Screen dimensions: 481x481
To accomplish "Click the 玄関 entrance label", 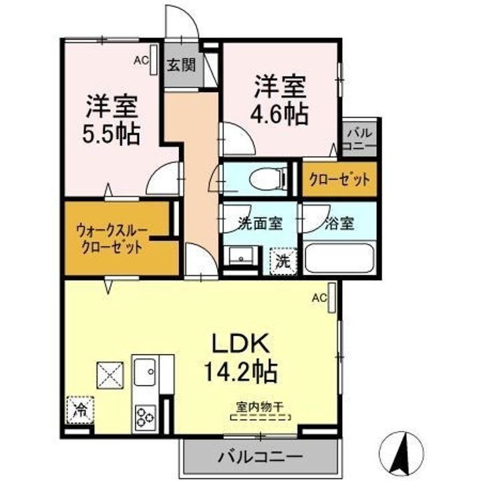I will [180, 65].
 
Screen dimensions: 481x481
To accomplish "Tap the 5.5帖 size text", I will [112, 136].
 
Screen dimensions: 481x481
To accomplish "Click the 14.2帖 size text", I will [242, 371].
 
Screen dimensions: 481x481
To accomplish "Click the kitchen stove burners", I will [145, 416].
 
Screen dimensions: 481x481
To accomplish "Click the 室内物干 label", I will [261, 406].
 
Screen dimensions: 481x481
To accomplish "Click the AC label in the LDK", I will [319, 297].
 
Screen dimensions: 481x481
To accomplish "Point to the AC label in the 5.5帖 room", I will [141, 61].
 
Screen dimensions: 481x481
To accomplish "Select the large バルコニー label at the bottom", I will [259, 458].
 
